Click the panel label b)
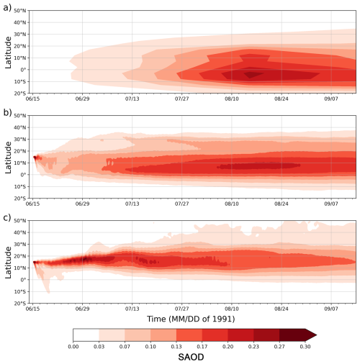click(6, 112)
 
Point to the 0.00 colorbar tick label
click(73, 346)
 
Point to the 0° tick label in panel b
click(24, 175)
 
